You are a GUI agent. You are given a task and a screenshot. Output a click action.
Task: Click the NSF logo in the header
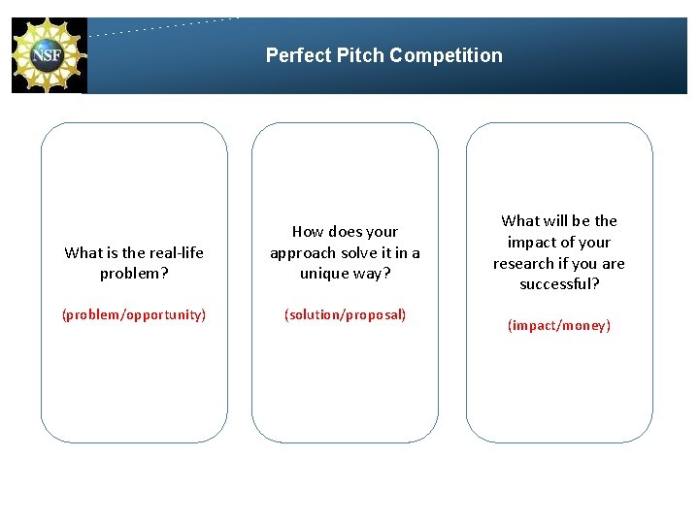pos(49,55)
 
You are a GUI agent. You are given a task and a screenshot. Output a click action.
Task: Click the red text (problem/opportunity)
pos(134,314)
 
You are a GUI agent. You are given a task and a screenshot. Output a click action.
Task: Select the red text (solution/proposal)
pos(345,314)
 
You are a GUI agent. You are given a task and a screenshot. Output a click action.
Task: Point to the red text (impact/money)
pos(559,326)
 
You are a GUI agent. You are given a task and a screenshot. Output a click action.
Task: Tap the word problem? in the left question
pos(134,274)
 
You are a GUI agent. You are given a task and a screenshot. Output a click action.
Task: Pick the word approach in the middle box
pos(301,253)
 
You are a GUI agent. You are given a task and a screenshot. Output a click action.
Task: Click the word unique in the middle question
pos(323,274)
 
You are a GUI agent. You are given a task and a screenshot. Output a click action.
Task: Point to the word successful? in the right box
pos(559,284)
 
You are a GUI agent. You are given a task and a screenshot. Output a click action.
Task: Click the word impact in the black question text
pos(530,243)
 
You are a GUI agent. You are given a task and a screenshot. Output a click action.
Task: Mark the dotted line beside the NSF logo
pos(165,26)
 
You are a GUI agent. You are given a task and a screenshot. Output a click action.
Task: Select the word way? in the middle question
pos(371,274)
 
